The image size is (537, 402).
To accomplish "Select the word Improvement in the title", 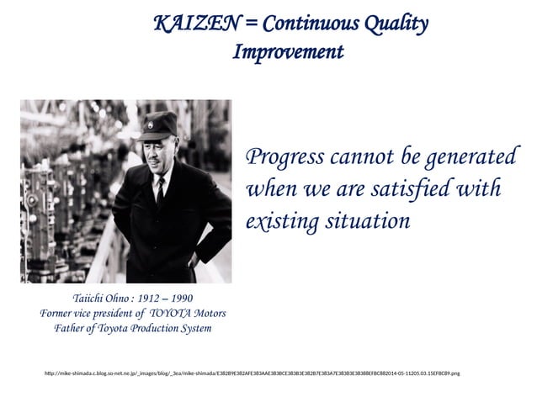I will pyautogui.click(x=288, y=52).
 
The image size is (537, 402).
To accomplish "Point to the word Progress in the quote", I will pyautogui.click(x=282, y=158).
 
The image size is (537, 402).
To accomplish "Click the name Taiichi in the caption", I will pyautogui.click(x=92, y=299).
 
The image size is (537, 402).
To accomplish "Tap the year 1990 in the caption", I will pyautogui.click(x=181, y=299).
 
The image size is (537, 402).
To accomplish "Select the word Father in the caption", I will pyautogui.click(x=71, y=328).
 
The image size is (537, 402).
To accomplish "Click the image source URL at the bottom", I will pyautogui.click(x=252, y=372).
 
